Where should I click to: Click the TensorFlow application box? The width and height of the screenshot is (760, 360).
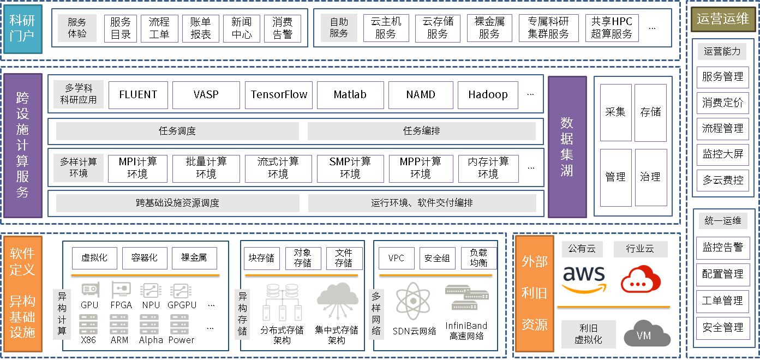(279, 95)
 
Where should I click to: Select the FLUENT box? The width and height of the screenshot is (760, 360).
(138, 95)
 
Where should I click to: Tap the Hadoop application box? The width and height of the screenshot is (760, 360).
(488, 95)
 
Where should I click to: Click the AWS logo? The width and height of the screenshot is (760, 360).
(584, 278)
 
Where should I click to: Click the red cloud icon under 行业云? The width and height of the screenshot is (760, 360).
(641, 279)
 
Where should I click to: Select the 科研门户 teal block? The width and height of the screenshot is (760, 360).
(22, 29)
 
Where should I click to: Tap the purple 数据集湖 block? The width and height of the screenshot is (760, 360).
(567, 147)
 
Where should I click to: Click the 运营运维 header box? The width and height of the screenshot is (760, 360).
(723, 20)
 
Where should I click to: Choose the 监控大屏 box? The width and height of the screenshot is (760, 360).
(723, 154)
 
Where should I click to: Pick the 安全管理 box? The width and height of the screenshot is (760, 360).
(723, 327)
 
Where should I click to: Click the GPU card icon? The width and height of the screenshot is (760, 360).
(89, 290)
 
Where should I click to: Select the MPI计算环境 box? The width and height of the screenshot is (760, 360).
(137, 168)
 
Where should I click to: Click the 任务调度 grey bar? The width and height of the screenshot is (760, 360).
(177, 131)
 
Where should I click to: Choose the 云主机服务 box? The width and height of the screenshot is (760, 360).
(386, 28)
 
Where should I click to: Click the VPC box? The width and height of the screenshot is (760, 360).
(396, 258)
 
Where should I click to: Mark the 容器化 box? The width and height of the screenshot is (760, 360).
(144, 258)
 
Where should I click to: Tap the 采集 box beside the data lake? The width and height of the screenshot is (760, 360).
(615, 112)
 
